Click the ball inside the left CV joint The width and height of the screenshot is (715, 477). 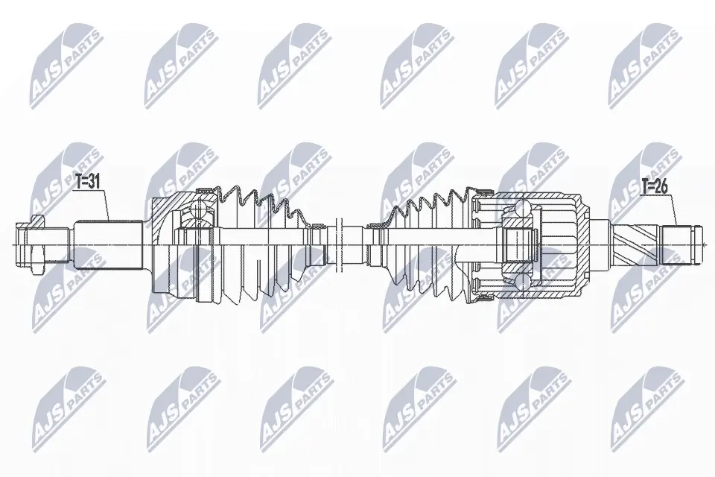point(199,211)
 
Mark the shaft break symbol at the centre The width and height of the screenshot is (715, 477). point(340,243)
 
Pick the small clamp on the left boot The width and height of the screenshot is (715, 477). point(317,243)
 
